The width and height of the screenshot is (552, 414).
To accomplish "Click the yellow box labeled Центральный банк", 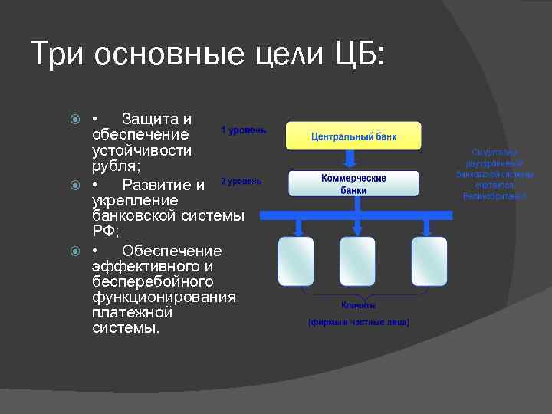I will pos(353,136).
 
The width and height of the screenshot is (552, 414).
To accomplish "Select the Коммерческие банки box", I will pos(353,184).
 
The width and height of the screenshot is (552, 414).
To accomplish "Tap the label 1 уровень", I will pos(244,130).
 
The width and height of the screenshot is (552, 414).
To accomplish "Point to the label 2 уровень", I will pos(241,182).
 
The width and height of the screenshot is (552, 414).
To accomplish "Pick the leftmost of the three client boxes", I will pos(295,261).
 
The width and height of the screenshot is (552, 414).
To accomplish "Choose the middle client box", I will pos(357,261).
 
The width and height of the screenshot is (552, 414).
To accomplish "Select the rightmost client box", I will pos(429,261).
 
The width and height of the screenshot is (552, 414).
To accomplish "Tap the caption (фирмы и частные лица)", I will pos(359,322).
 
